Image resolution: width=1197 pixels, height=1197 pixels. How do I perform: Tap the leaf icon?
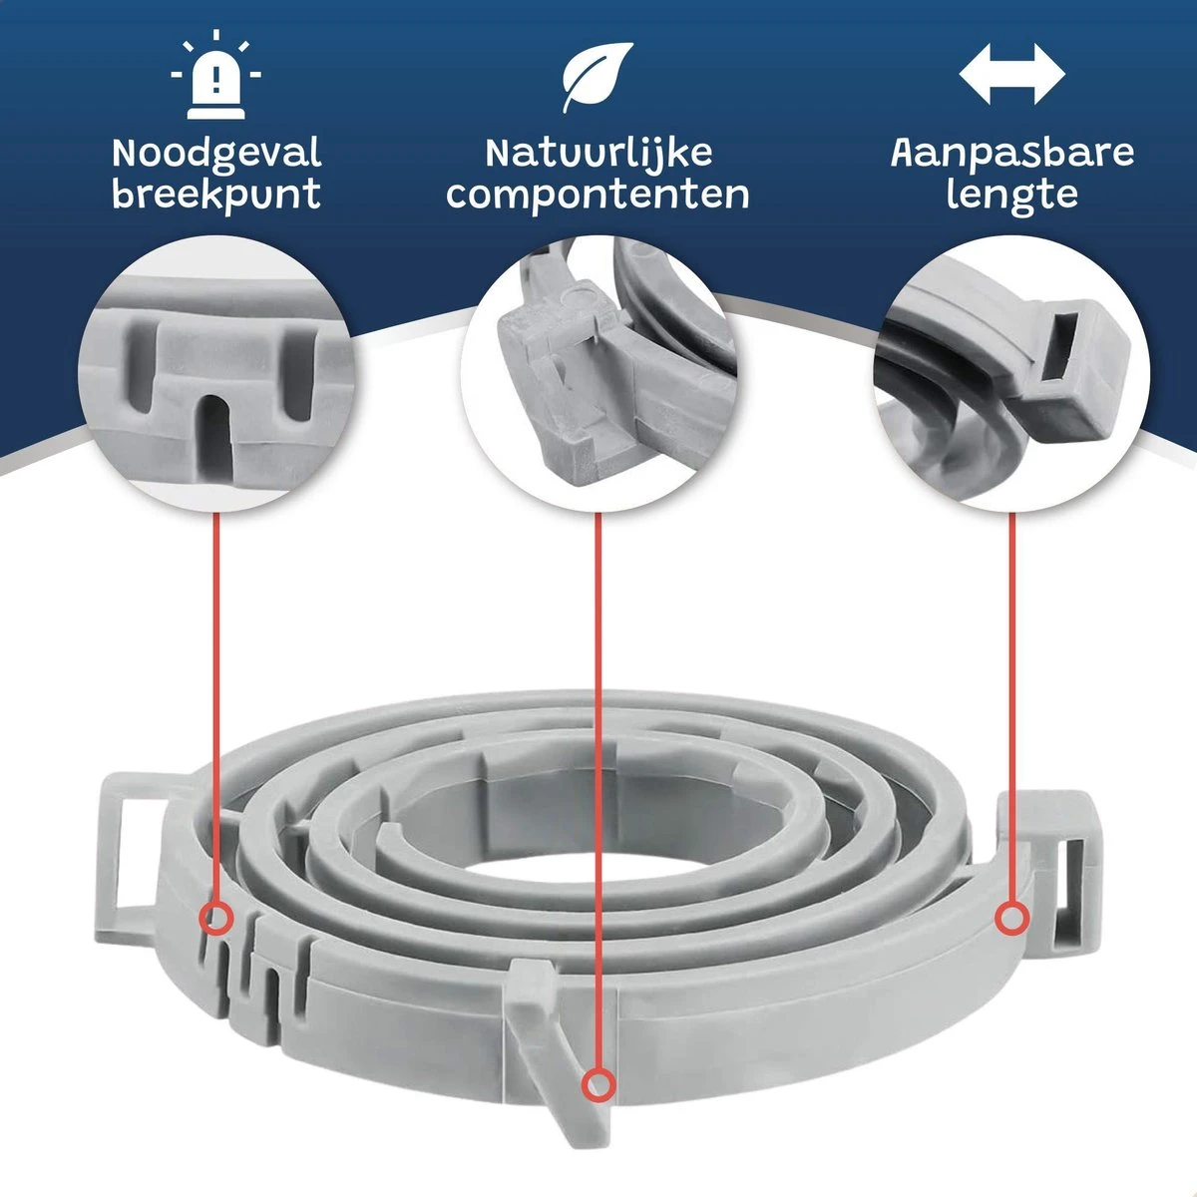[x=598, y=78]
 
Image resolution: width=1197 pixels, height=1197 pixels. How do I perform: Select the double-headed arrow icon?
[x=1011, y=74]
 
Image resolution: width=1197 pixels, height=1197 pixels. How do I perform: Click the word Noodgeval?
[x=216, y=153]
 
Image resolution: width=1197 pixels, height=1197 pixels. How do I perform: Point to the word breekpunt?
[x=216, y=196]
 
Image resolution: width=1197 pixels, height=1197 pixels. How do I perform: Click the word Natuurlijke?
[x=598, y=153]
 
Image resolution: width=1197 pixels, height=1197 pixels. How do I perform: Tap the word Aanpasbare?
[x=1012, y=153]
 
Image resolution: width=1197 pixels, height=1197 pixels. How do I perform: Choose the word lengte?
[x=1011, y=196]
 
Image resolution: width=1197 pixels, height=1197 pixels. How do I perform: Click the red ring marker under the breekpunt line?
[x=216, y=918]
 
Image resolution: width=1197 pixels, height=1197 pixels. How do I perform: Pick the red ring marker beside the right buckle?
[x=1011, y=918]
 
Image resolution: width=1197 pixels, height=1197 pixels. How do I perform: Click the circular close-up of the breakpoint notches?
[x=216, y=375]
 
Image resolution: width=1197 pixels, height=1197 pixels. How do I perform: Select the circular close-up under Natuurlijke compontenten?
[x=598, y=375]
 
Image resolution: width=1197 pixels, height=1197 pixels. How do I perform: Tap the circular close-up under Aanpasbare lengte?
[x=1011, y=375]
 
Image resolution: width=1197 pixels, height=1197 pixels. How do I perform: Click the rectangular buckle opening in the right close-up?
[x=1062, y=356]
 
